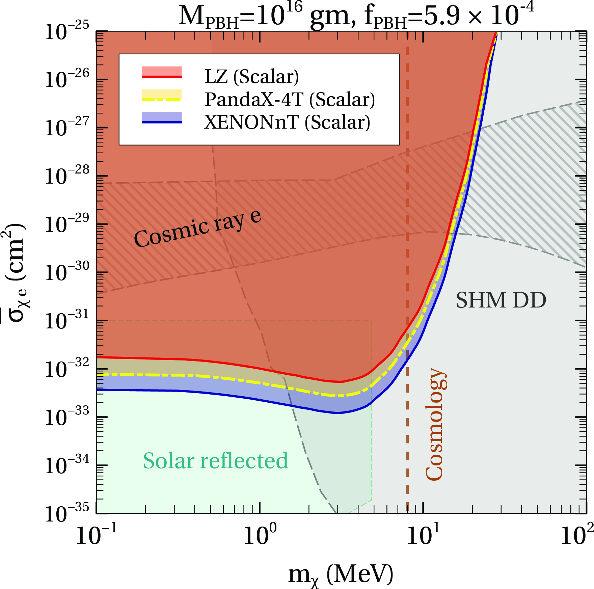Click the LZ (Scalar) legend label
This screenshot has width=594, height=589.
[x=252, y=77]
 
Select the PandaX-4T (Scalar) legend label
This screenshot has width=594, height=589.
[x=290, y=100]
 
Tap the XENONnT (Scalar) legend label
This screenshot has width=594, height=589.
[x=287, y=122]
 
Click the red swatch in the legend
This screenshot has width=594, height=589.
[x=162, y=72]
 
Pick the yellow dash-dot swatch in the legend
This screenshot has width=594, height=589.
[x=162, y=95]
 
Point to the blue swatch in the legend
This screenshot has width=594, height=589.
[x=162, y=118]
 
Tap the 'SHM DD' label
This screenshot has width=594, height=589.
[x=501, y=300]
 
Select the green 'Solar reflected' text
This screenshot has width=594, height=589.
[x=216, y=461]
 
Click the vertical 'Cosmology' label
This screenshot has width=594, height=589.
[x=436, y=424]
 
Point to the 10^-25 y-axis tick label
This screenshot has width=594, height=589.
[x=67, y=31]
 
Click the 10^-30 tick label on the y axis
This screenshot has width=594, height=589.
[x=67, y=272]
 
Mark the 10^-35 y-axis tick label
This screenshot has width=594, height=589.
[x=67, y=513]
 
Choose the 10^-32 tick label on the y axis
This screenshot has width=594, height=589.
[x=67, y=369]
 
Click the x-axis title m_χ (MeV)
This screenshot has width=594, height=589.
[x=341, y=575]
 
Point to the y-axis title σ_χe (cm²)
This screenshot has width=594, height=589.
[x=14, y=273]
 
